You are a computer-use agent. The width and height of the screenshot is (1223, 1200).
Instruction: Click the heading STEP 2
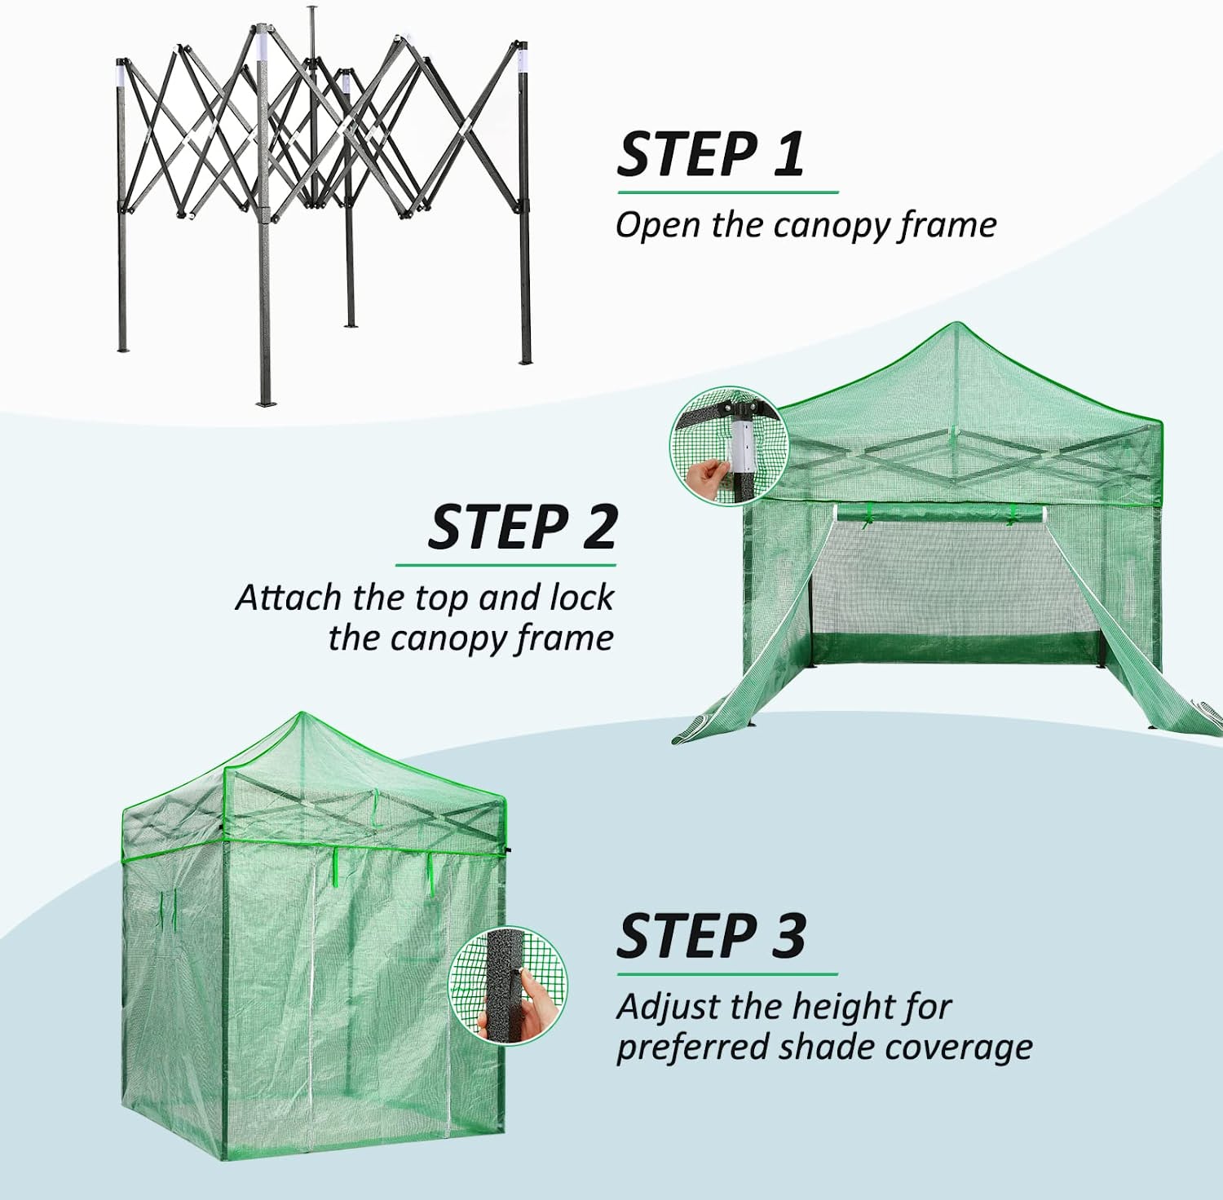click(x=522, y=527)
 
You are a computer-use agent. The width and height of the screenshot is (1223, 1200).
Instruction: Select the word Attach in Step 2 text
click(x=289, y=598)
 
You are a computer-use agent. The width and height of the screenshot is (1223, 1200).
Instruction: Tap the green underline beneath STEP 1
click(x=727, y=192)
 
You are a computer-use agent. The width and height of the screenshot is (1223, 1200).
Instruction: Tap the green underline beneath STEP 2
click(x=506, y=565)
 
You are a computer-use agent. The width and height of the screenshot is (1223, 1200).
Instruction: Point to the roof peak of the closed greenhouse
click(x=300, y=715)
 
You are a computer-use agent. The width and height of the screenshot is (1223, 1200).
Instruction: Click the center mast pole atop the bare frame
click(x=311, y=33)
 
